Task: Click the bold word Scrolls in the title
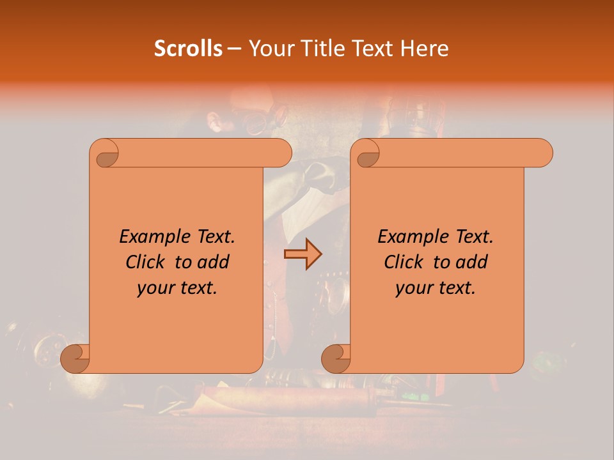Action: coord(188,49)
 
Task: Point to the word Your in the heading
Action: coord(269,49)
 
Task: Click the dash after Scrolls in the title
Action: coord(235,49)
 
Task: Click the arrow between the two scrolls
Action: coord(303,254)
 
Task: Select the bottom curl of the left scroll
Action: coord(75,358)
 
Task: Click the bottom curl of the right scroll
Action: coord(336,358)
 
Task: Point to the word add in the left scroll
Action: coord(213,262)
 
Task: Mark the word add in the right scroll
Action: coord(471,262)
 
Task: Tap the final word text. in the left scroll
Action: coord(198,288)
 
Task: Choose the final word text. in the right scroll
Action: coord(457,288)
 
